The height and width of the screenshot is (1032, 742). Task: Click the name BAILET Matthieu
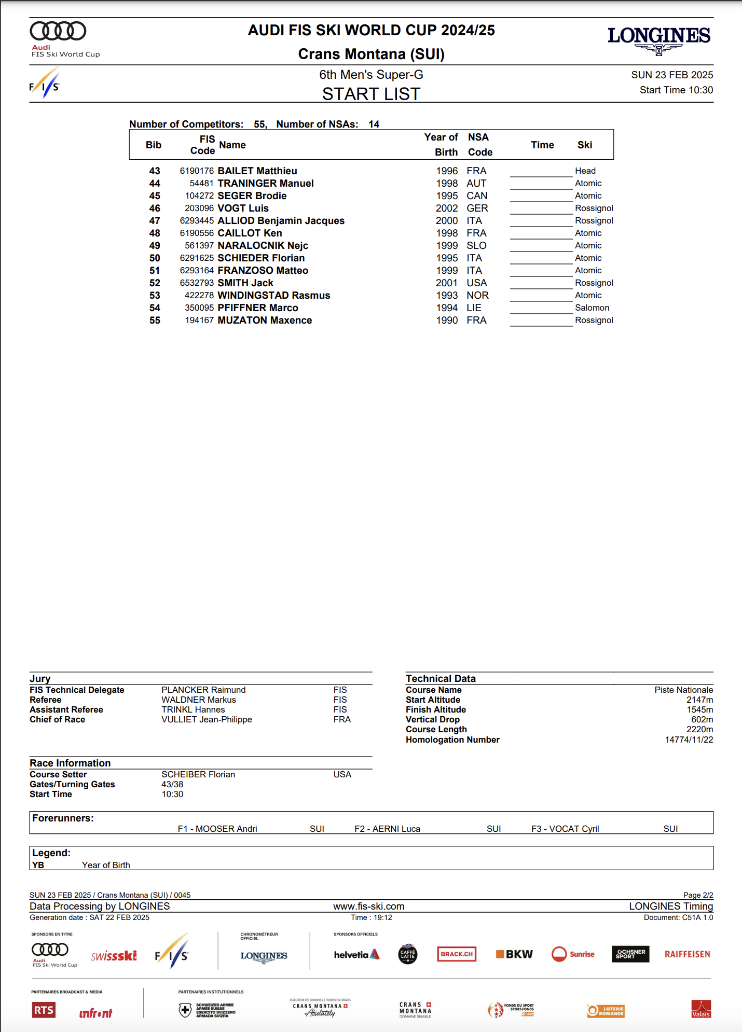tap(257, 171)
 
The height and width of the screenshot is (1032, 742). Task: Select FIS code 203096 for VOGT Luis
tap(199, 208)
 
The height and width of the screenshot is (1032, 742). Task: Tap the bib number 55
tap(155, 320)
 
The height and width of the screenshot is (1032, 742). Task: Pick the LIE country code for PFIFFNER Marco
tap(474, 308)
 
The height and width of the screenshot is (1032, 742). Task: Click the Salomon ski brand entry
tap(592, 308)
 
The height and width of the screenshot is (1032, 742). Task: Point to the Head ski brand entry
tap(585, 171)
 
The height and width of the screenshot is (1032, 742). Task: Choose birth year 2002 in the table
tap(447, 208)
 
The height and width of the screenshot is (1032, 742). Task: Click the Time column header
tap(542, 145)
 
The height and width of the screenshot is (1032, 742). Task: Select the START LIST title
tap(371, 94)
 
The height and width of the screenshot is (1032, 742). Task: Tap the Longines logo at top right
tap(659, 39)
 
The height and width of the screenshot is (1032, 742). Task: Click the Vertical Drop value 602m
tap(702, 720)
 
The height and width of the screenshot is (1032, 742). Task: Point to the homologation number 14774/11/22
tap(689, 740)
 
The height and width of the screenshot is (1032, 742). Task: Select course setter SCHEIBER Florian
tap(198, 775)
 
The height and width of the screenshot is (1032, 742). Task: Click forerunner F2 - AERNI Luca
tap(388, 829)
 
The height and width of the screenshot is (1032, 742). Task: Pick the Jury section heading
tap(40, 679)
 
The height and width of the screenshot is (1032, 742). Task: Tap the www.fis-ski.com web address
tap(368, 907)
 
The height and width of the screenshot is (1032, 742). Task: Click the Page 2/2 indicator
tap(698, 896)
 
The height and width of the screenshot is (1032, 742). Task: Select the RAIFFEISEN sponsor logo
tap(687, 954)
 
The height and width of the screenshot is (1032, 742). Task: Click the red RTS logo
tap(44, 1010)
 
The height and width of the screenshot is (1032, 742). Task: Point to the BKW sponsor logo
tap(514, 954)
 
